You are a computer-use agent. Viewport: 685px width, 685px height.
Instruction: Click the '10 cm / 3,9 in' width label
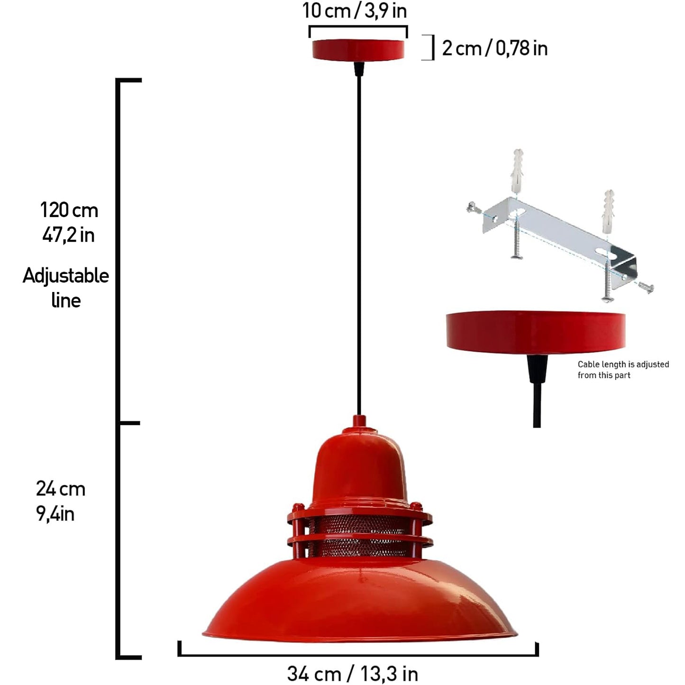click(355, 10)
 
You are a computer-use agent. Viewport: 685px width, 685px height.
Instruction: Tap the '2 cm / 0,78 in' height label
click(494, 48)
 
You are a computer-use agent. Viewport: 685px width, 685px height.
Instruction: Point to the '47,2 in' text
click(68, 235)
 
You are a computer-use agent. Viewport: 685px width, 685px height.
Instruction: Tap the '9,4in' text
click(55, 514)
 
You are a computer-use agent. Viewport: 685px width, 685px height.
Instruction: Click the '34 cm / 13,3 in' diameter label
click(352, 673)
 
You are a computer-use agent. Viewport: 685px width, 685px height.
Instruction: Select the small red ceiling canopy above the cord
click(358, 50)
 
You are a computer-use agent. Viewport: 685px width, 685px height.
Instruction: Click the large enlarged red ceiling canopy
click(536, 333)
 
